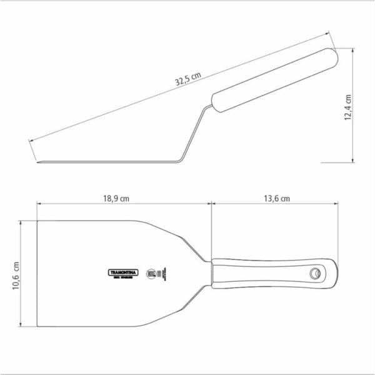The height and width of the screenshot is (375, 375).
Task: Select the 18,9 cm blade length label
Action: pos(116,198)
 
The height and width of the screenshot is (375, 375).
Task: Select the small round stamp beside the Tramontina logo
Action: pos(151,273)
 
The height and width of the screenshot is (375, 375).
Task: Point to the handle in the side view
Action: pos(275,79)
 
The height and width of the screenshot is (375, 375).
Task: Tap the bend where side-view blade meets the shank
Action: pos(178,161)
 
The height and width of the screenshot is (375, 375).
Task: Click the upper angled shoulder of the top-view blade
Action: pos(184,241)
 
